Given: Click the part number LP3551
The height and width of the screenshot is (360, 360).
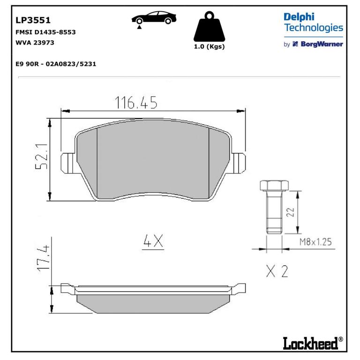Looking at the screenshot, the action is [x=33, y=20].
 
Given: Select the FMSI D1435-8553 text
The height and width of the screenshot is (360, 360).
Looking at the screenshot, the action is [x=45, y=32].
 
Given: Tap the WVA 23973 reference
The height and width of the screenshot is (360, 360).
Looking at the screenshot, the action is [x=35, y=43].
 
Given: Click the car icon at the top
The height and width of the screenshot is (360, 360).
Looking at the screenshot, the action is [x=154, y=18].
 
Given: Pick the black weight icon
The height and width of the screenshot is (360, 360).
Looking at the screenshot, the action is [x=209, y=26].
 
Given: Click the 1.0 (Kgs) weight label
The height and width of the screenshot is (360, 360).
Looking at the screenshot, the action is [x=209, y=46].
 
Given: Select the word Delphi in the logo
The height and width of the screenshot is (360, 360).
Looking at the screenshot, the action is [x=299, y=17].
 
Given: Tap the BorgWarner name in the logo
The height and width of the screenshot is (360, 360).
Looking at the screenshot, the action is [x=322, y=44].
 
